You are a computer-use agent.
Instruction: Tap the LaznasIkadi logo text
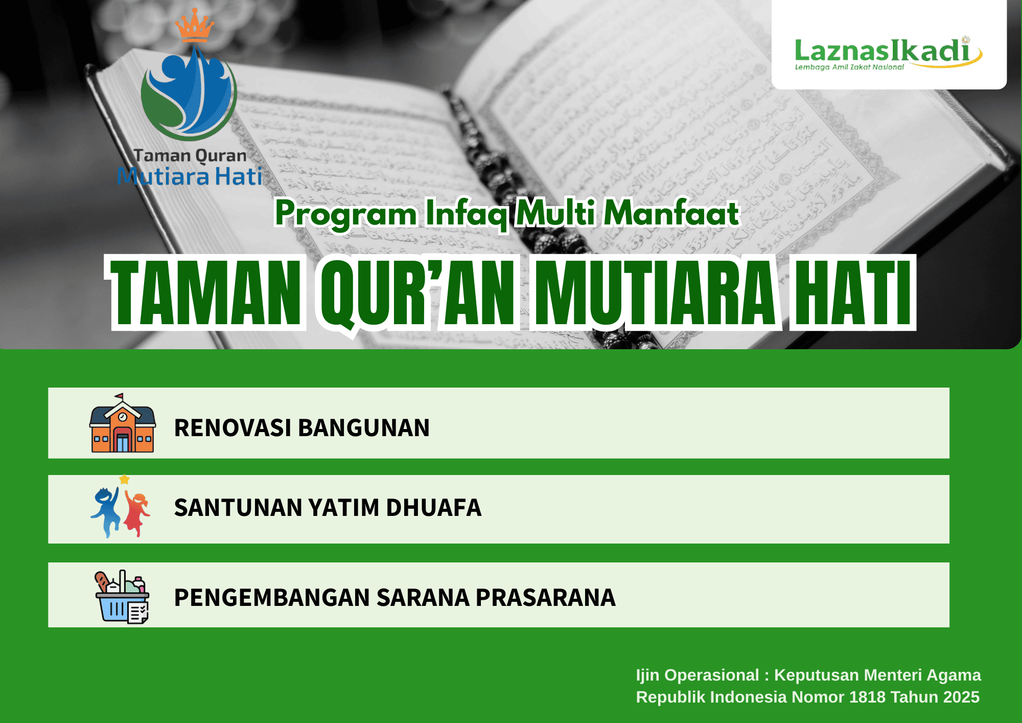point(881,51)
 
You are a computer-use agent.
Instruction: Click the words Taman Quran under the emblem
point(190,155)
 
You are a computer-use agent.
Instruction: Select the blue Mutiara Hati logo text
point(190,177)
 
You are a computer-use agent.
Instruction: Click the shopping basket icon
point(122,597)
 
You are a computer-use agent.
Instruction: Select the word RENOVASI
point(233,428)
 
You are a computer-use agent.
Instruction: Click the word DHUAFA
point(433,508)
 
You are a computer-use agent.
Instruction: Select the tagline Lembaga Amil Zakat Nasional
point(849,67)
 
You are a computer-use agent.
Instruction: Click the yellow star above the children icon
point(124,480)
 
